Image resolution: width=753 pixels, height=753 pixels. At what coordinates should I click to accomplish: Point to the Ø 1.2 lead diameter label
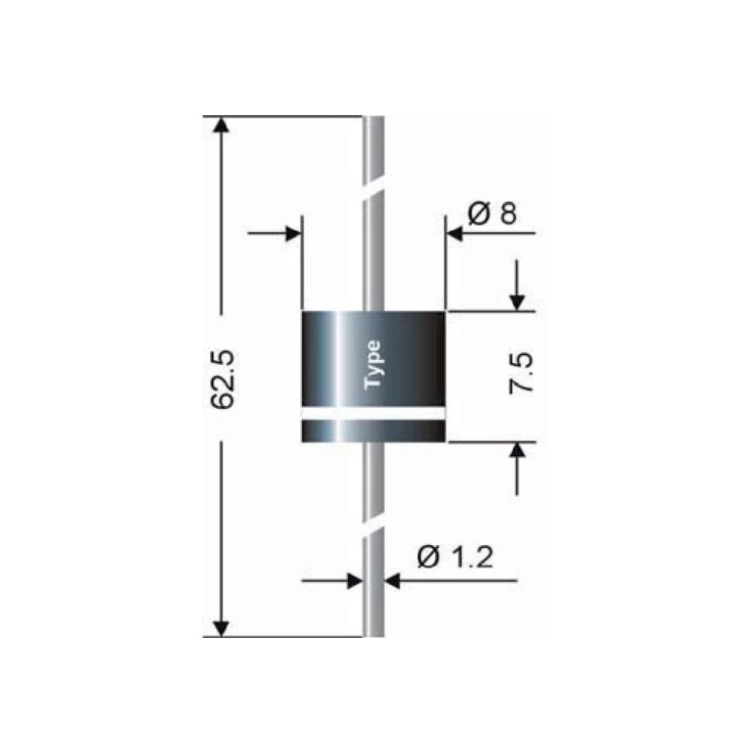click(x=454, y=558)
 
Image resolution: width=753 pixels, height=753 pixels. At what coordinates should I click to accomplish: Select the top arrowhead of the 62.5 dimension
click(x=221, y=126)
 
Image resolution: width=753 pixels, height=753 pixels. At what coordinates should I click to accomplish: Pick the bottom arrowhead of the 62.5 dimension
click(x=221, y=627)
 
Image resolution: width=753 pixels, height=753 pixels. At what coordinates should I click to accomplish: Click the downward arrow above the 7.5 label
click(x=517, y=300)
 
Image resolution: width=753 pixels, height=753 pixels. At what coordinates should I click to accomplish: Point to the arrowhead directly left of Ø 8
click(x=456, y=233)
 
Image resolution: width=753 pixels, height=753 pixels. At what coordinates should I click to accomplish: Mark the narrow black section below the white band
click(x=373, y=431)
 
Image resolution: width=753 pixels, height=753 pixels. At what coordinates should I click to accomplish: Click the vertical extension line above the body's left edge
click(x=302, y=264)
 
